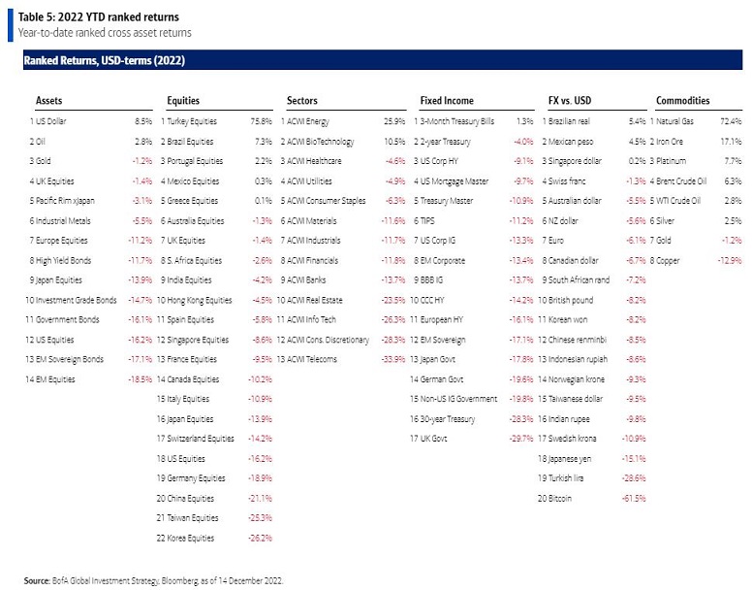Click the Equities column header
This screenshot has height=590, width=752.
point(184,100)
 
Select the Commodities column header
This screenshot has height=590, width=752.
point(682,100)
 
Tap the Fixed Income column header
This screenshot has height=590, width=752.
point(446,100)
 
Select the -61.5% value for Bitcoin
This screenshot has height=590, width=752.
point(634,498)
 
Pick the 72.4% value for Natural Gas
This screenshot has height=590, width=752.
point(729,121)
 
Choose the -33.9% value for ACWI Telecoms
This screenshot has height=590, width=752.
point(393,359)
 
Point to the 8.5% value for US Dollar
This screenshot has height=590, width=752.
point(143,121)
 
